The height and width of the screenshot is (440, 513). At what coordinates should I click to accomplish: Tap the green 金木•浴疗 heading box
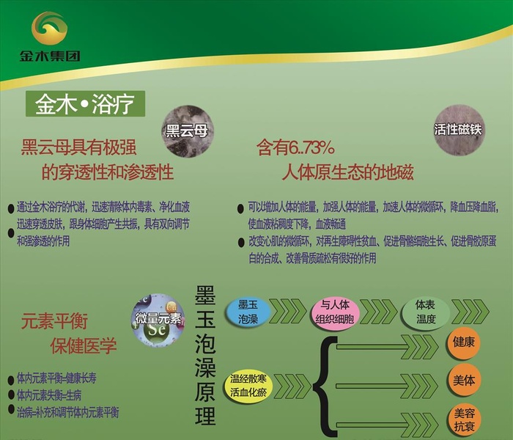coord(85,105)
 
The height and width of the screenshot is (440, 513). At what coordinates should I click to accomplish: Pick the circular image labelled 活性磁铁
coord(458,129)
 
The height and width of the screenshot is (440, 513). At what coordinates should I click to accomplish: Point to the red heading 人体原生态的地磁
coord(347,173)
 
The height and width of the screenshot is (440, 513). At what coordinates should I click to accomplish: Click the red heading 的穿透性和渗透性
coord(107,173)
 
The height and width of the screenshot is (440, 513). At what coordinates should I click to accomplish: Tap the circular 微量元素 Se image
coord(158,320)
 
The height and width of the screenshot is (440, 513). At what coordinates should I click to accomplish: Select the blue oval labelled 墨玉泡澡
coord(248,312)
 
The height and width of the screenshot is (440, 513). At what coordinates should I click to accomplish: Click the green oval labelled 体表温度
coord(425,312)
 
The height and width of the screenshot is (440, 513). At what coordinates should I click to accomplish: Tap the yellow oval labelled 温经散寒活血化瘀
coord(249,383)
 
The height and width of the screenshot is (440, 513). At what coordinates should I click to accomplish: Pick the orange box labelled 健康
coord(464,342)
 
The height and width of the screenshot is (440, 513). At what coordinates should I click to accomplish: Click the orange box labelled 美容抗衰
coord(464,420)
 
